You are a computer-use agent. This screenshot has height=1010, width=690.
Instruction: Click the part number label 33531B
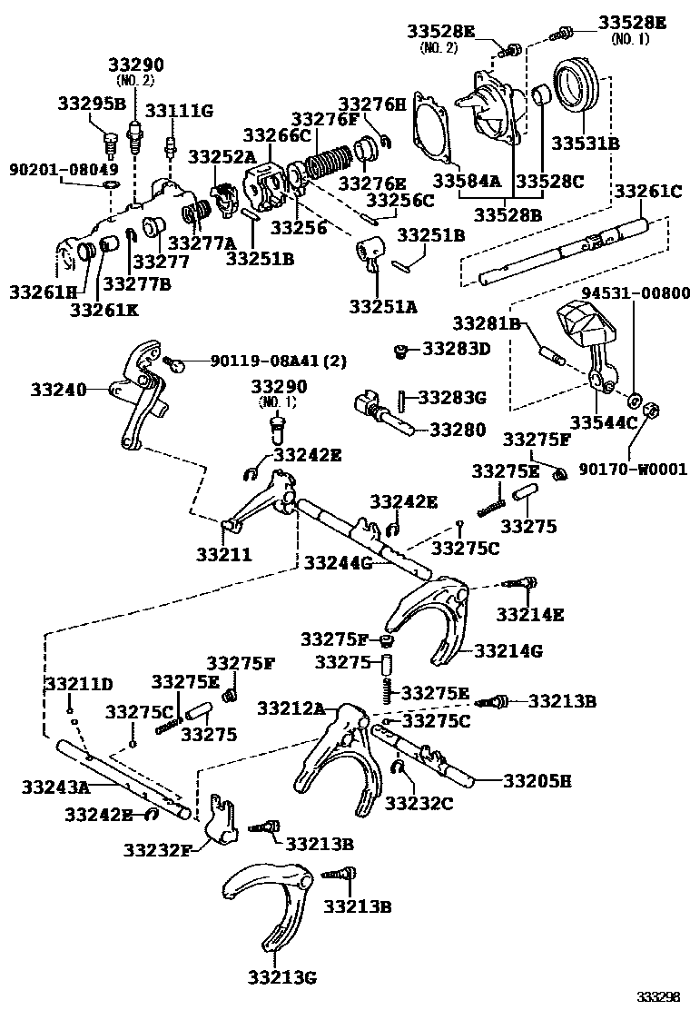586,144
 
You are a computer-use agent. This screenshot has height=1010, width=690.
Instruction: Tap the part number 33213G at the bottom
281,976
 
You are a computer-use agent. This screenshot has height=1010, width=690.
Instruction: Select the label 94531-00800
635,293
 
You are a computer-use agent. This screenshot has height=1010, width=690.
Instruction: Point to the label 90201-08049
64,169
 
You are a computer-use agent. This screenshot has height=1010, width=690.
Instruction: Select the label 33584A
467,181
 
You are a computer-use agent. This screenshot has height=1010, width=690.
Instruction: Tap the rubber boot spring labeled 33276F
331,164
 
